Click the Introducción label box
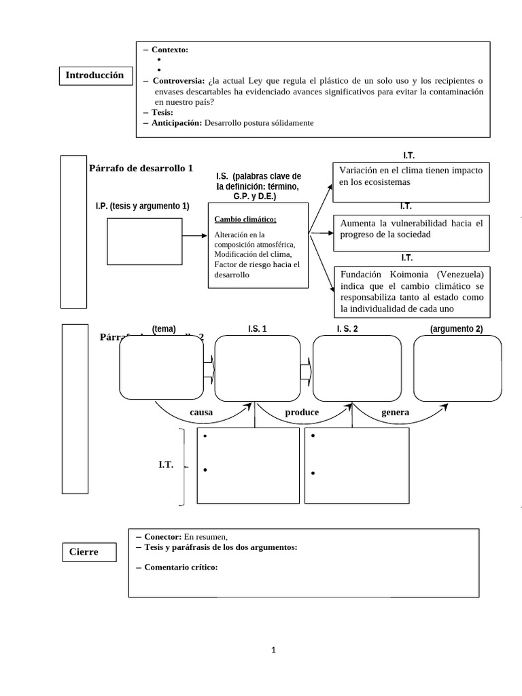point(94,75)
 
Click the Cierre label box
point(84,552)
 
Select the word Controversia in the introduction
point(177,80)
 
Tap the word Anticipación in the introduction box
point(177,122)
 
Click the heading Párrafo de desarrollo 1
point(141,168)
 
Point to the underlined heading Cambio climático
point(245,219)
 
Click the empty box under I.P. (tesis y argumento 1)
point(145,240)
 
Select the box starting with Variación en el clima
point(411,182)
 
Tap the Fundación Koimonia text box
point(411,292)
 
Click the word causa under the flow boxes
point(201,413)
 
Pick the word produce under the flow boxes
point(302,413)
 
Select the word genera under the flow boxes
point(395,413)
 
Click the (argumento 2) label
point(456,329)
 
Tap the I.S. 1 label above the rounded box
point(257,329)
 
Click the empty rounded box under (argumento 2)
point(457,368)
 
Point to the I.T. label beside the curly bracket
point(166,465)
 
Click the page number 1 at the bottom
point(273,650)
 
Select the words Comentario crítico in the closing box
point(181,568)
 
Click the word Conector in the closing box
point(162,537)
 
